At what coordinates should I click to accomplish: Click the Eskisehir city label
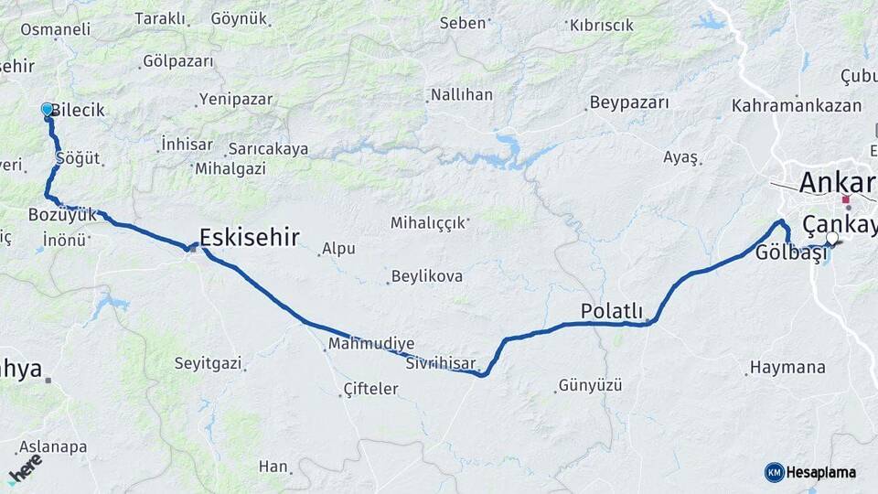click(x=249, y=238)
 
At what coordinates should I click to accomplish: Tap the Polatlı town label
click(x=612, y=312)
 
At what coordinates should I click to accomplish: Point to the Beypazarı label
click(x=629, y=102)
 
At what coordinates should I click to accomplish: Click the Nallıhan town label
click(x=462, y=94)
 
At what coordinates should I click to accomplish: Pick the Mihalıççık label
click(x=428, y=222)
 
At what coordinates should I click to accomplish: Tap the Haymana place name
click(x=787, y=368)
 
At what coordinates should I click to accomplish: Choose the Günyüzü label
click(x=590, y=385)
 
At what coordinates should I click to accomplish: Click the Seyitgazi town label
click(x=209, y=363)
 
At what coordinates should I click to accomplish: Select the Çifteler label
click(x=370, y=389)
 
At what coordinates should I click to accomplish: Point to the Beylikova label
click(x=427, y=275)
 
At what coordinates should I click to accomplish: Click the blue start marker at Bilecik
click(x=48, y=110)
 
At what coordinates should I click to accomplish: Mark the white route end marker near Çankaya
click(x=831, y=239)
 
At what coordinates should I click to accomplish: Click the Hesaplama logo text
click(x=820, y=472)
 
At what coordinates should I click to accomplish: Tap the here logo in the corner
click(x=26, y=468)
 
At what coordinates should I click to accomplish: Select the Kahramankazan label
click(x=797, y=105)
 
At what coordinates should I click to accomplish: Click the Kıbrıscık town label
click(x=602, y=26)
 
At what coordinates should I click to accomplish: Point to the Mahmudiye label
click(x=371, y=343)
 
